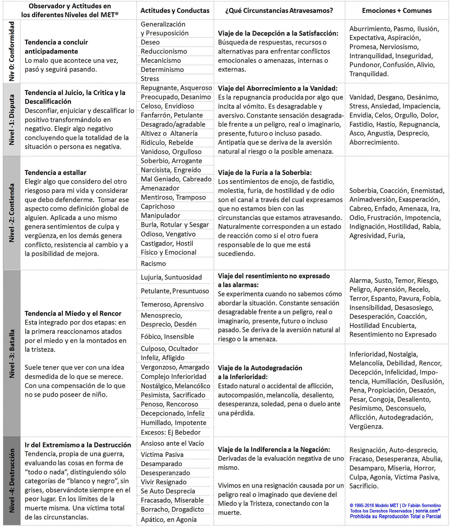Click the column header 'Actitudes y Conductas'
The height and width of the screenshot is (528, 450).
click(x=175, y=11)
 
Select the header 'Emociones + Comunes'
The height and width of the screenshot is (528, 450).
click(x=397, y=11)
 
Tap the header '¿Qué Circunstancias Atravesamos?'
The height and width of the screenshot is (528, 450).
click(x=279, y=11)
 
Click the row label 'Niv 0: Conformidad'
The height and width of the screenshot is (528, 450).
click(x=12, y=51)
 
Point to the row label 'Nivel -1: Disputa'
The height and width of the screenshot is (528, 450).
click(x=12, y=120)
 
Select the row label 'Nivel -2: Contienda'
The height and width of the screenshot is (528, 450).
click(x=12, y=213)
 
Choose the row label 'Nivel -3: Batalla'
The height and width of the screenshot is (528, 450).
click(x=12, y=354)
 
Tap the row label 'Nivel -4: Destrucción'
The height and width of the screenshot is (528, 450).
click(x=12, y=480)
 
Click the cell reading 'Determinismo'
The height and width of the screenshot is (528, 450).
click(x=162, y=70)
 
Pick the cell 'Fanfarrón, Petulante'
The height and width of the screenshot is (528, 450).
click(x=172, y=115)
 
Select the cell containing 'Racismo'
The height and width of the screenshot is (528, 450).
click(x=153, y=263)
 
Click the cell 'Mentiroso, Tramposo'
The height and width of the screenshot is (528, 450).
click(x=173, y=197)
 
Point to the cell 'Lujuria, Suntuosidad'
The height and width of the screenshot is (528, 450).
click(x=171, y=277)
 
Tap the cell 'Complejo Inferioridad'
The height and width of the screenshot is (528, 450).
click(x=174, y=377)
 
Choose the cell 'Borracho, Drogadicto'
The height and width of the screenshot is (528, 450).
click(x=172, y=509)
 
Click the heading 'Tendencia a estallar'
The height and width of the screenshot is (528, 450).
click(x=55, y=173)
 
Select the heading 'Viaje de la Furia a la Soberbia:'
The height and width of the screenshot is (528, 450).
click(x=265, y=173)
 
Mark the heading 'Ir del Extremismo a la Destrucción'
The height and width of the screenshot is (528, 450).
click(x=78, y=445)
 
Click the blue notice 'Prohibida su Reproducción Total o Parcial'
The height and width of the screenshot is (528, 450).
click(x=395, y=516)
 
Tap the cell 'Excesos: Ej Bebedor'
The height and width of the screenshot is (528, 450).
click(x=171, y=432)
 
